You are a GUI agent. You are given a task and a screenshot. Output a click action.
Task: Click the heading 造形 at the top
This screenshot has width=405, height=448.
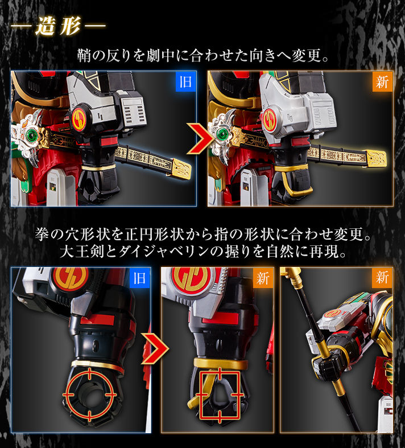[58, 26]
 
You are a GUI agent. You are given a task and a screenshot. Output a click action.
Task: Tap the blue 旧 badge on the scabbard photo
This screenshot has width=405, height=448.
[185, 81]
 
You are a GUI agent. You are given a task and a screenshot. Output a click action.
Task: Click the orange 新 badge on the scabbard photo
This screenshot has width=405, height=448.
[382, 81]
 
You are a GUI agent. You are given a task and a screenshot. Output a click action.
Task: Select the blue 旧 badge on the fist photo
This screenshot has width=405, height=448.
[139, 278]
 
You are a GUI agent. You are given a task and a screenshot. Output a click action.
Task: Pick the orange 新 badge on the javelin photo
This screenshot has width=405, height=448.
[382, 278]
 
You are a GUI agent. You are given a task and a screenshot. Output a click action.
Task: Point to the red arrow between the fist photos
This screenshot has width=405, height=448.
[155, 348]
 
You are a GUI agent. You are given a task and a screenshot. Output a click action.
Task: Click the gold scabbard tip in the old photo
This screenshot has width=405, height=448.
[181, 168]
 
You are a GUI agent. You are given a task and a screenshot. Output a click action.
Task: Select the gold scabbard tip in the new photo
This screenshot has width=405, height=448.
[376, 159]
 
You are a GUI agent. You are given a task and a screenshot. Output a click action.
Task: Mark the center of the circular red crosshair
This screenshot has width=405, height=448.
[89, 394]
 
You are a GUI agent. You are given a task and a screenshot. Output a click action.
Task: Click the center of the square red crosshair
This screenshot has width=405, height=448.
[220, 394]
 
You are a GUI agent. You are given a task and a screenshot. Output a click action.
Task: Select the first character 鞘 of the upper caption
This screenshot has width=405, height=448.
[85, 55]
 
